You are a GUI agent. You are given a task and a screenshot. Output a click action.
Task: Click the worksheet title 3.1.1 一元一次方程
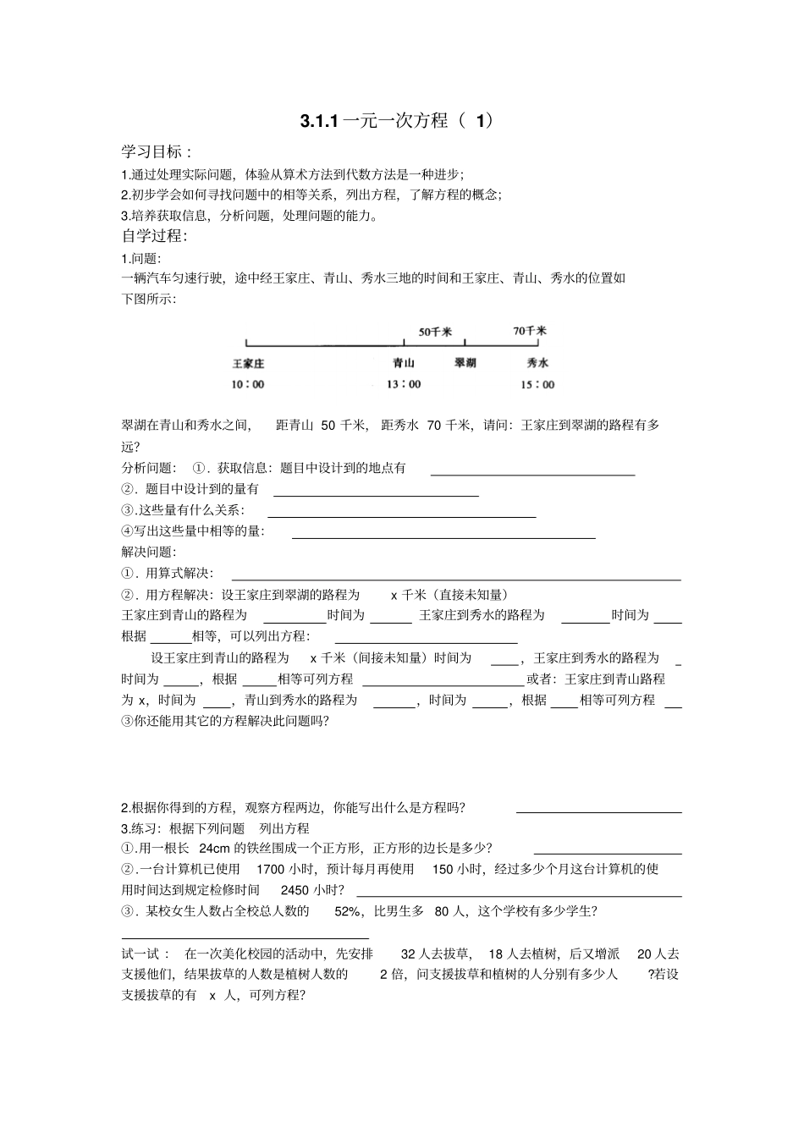click(395, 121)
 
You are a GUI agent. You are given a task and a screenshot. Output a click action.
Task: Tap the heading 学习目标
click(157, 152)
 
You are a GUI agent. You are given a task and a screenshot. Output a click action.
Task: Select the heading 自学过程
click(155, 235)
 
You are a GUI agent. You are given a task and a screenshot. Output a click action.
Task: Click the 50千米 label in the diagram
click(435, 333)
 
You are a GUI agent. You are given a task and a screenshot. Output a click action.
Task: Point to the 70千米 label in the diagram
click(530, 332)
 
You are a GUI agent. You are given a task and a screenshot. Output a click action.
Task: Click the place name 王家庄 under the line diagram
click(249, 363)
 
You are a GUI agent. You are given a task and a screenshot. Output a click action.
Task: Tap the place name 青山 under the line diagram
click(404, 363)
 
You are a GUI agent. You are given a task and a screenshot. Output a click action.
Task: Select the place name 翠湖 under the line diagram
click(465, 363)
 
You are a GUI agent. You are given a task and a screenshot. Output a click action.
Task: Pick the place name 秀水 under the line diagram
click(537, 363)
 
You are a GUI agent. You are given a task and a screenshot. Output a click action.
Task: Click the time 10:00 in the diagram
click(248, 384)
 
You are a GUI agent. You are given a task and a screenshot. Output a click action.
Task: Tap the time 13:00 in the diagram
click(404, 384)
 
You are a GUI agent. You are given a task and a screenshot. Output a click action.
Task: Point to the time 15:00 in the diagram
click(537, 384)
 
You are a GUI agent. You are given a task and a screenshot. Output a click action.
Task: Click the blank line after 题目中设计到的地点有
click(532, 474)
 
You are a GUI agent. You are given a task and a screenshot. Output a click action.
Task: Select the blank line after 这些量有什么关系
click(401, 515)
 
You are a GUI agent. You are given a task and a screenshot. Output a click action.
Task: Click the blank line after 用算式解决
click(456, 579)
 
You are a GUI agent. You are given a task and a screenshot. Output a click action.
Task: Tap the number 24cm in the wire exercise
click(214, 849)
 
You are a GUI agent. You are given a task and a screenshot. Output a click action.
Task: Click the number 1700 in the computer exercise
click(270, 869)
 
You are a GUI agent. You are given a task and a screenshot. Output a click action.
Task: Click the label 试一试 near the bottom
click(146, 954)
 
